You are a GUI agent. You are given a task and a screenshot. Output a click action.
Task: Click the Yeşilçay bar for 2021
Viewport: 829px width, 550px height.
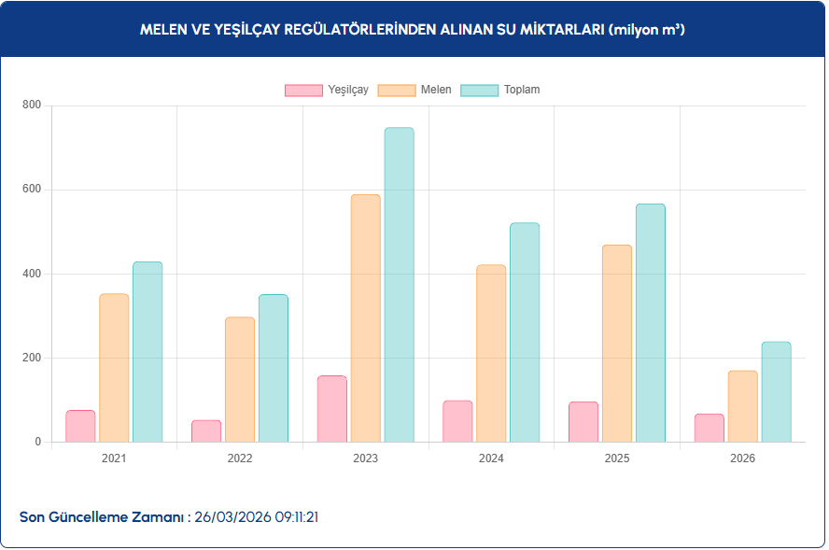click(80, 426)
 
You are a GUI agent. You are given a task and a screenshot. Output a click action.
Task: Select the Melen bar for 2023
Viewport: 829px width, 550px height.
click(365, 317)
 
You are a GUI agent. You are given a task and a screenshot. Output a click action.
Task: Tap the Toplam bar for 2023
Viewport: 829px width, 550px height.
click(399, 285)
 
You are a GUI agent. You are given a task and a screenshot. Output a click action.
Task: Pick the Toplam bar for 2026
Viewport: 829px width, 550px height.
click(776, 391)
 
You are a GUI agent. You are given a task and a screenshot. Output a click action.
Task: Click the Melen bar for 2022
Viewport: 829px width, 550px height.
click(240, 379)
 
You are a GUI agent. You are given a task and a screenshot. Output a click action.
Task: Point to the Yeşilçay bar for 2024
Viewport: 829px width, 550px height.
click(457, 421)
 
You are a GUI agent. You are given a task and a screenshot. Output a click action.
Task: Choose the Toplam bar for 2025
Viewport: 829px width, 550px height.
click(650, 322)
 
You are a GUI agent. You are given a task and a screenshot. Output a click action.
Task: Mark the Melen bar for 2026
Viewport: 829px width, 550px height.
click(742, 406)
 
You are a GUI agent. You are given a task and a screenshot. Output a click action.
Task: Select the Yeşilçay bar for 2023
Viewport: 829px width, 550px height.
click(331, 409)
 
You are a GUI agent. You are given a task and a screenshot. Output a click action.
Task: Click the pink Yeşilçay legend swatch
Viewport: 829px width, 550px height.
click(303, 90)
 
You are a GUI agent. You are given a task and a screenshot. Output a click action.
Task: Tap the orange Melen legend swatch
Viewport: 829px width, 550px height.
click(397, 90)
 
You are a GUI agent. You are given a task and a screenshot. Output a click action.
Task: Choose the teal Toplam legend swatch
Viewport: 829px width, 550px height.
click(479, 90)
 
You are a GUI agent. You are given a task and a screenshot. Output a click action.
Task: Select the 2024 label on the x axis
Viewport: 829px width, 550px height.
click(491, 458)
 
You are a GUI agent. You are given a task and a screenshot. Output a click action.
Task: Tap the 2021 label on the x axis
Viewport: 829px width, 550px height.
click(114, 458)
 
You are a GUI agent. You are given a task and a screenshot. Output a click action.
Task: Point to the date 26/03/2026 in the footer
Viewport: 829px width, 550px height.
click(232, 516)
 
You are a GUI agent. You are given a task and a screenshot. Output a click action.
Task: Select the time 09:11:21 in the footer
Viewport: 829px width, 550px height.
click(296, 516)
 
